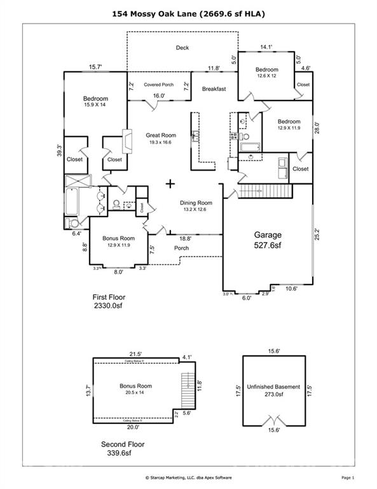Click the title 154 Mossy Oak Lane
click(x=188, y=13)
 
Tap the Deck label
click(x=182, y=48)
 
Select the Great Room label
click(x=161, y=138)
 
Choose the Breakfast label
click(x=214, y=89)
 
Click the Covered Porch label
click(x=159, y=85)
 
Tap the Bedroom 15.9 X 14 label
click(x=95, y=103)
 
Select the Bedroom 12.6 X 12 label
click(x=267, y=73)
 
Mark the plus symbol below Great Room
click(x=170, y=184)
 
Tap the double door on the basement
click(x=275, y=420)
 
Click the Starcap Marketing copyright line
click(x=188, y=477)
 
